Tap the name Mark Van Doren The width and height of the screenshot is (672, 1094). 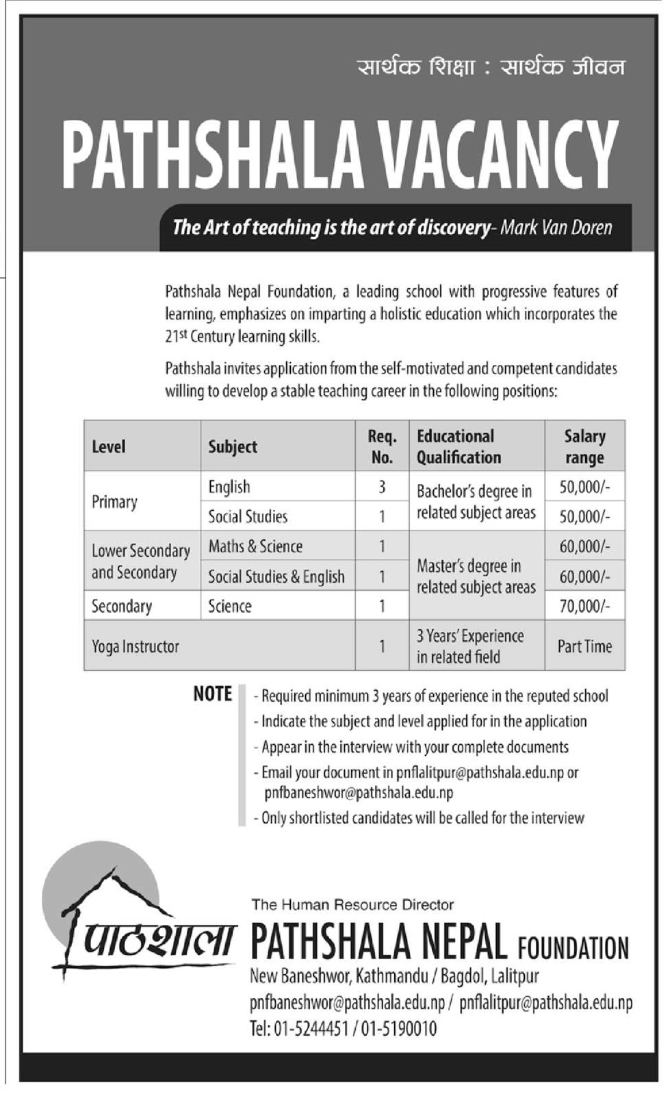click(556, 227)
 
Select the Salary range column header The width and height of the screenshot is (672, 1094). click(584, 446)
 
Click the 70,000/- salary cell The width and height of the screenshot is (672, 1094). click(584, 606)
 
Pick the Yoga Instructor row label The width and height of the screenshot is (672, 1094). click(135, 646)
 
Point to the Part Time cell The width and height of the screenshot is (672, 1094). click(584, 646)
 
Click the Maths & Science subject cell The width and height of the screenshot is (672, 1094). click(255, 546)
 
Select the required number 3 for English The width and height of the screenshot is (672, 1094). click(381, 487)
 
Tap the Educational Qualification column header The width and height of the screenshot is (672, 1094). click(458, 446)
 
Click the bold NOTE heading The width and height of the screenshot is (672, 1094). click(212, 694)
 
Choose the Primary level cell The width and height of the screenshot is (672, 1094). click(114, 502)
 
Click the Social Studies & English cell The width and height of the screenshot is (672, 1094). click(276, 576)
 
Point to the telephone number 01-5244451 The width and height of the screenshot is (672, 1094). click(311, 1028)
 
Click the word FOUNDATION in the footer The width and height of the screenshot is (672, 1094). click(573, 948)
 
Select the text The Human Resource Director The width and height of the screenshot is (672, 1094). click(352, 904)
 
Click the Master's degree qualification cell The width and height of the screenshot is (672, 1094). click(476, 576)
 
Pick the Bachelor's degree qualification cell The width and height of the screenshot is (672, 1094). click(476, 502)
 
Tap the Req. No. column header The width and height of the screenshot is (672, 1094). click(381, 446)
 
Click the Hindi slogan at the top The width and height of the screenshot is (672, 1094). click(491, 68)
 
